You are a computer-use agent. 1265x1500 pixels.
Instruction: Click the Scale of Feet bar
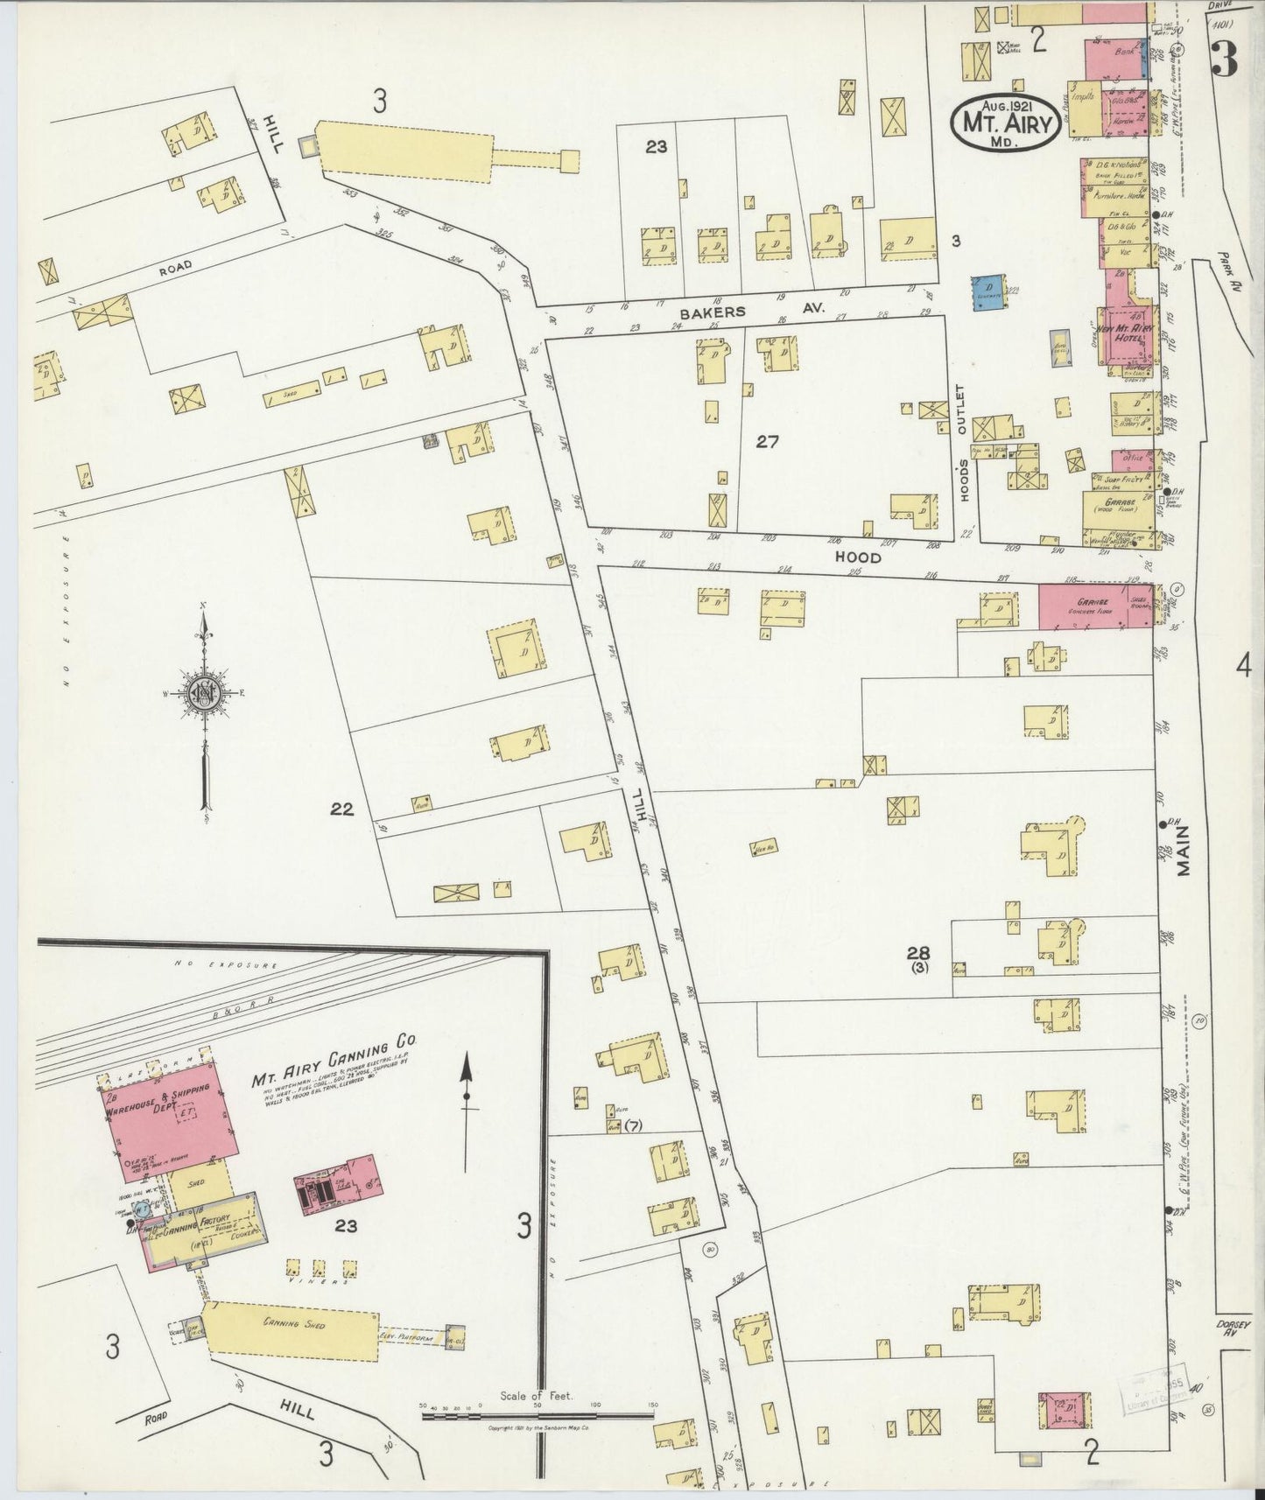point(538,1414)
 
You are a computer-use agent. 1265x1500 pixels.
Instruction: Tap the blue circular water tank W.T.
point(141,1209)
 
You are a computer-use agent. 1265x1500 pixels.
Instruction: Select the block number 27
point(767,442)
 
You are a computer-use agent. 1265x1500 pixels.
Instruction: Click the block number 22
point(341,810)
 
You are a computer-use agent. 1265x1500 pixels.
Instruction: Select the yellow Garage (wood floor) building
point(1113,506)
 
